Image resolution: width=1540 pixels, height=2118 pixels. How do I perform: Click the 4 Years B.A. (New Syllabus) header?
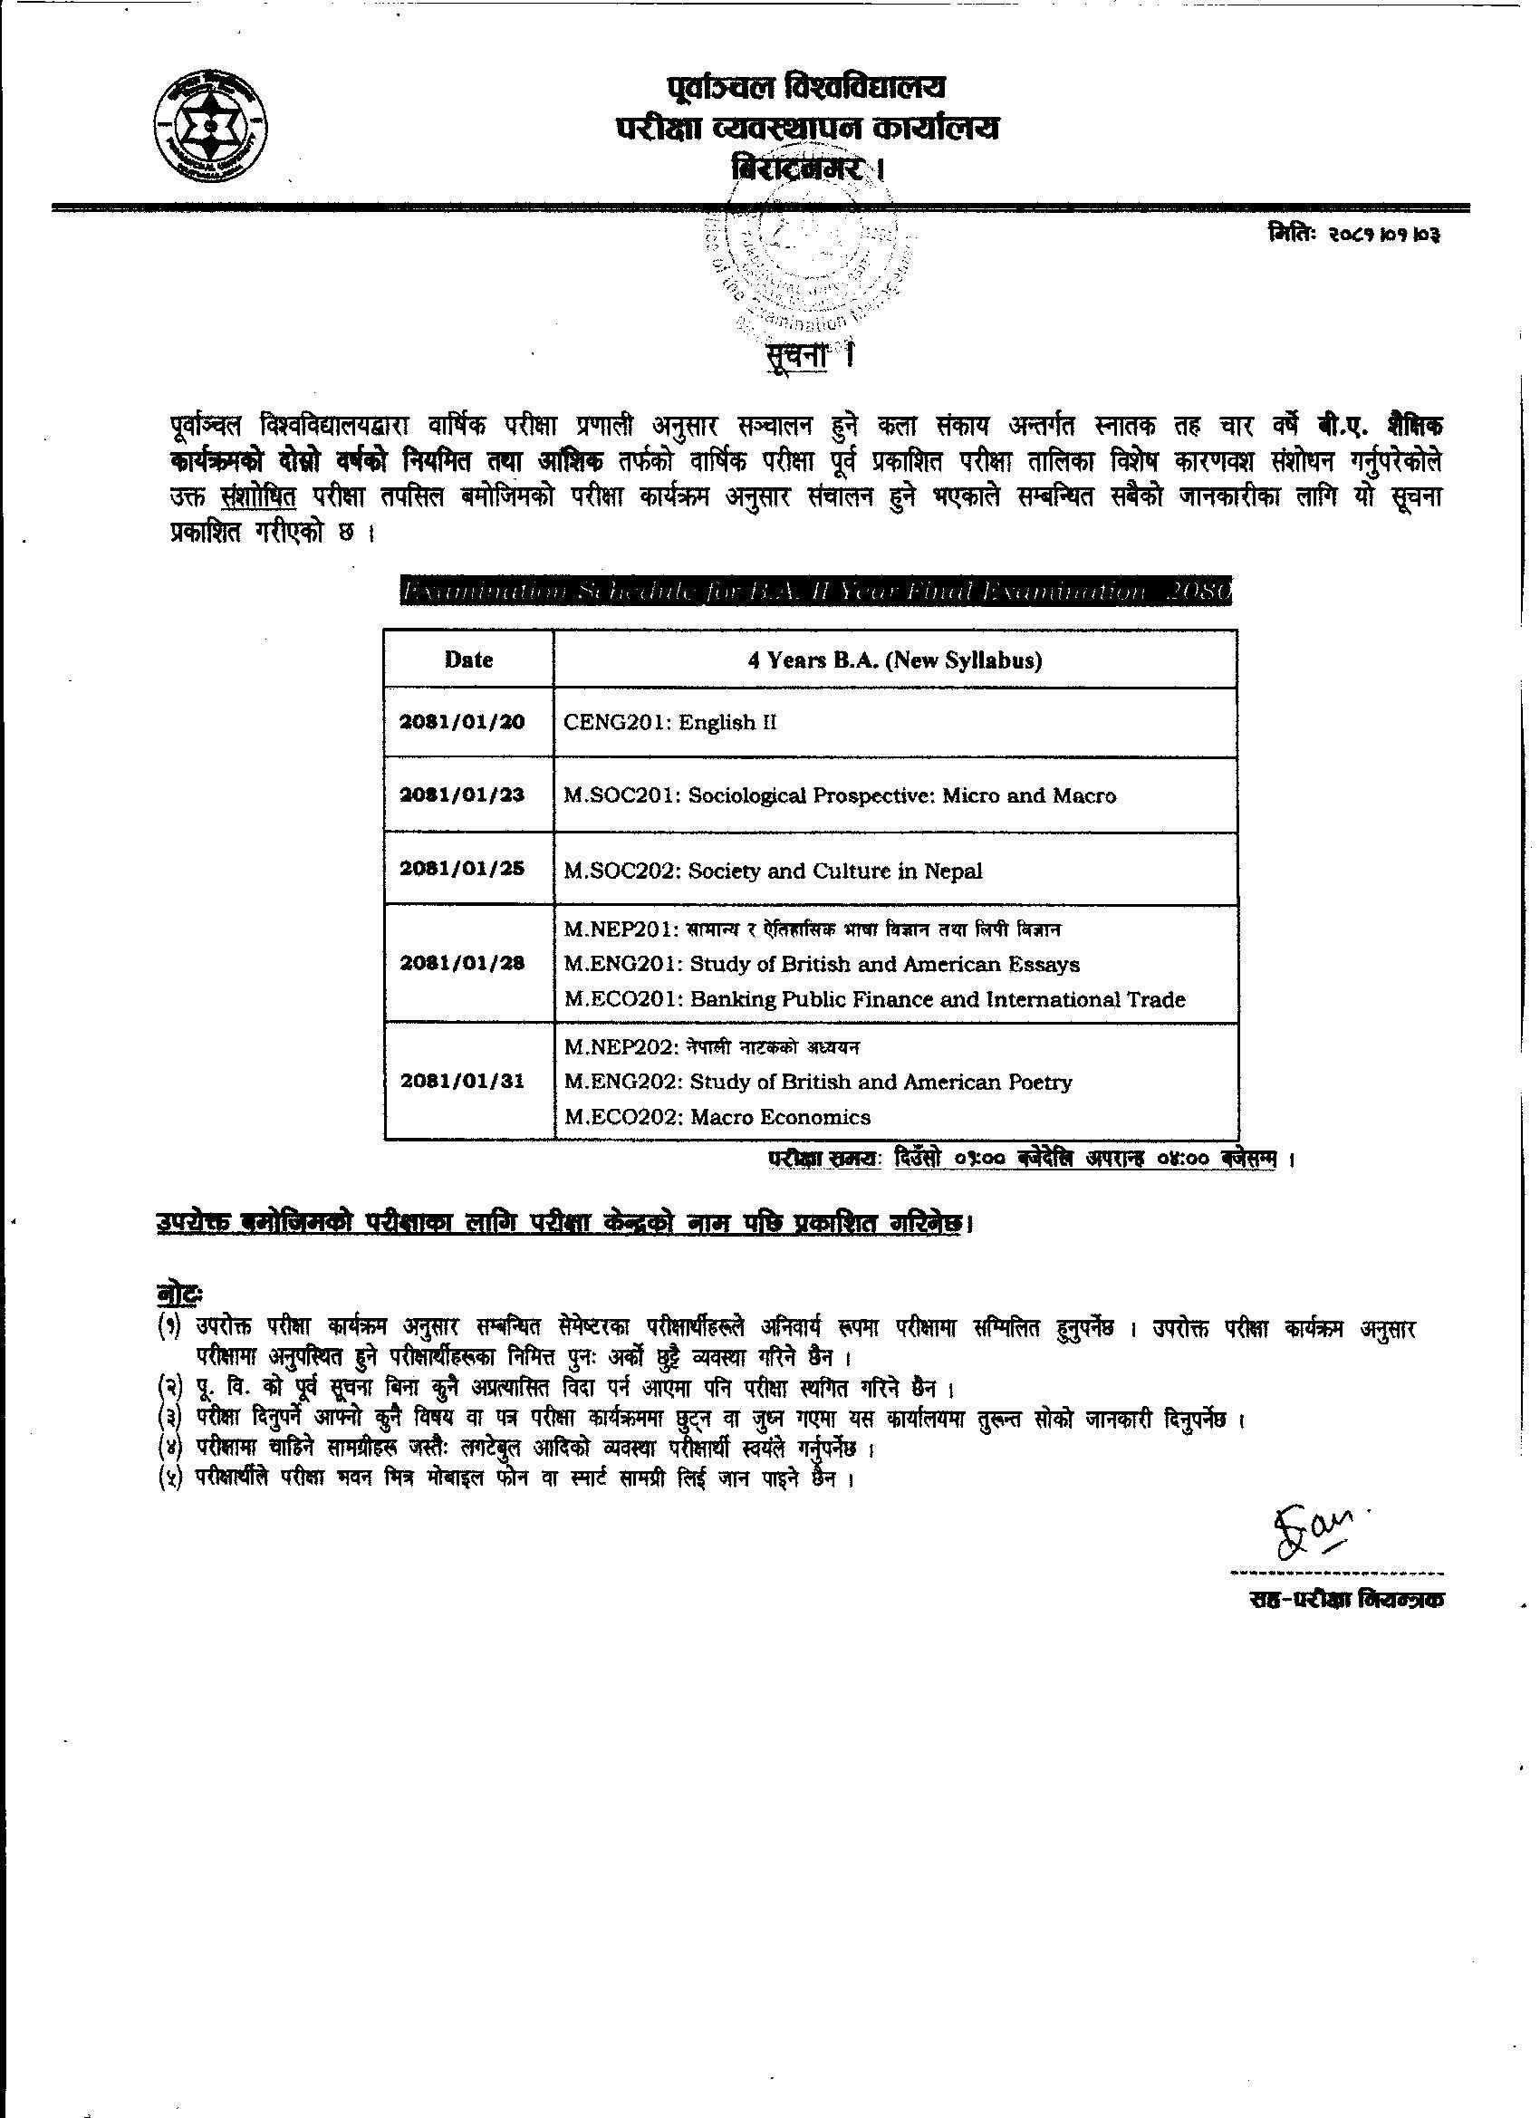point(895,660)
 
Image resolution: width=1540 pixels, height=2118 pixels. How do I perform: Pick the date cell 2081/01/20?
point(463,722)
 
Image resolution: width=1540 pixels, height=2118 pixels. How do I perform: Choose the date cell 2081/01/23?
point(463,795)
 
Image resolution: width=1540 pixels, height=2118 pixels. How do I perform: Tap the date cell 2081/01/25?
point(463,870)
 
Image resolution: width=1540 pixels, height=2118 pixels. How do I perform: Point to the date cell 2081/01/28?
point(463,964)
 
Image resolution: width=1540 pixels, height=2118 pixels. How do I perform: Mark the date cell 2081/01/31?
point(463,1082)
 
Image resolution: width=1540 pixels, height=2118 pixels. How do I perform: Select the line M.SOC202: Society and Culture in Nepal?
point(774,871)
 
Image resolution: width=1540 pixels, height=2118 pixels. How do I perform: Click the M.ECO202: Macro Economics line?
point(717,1117)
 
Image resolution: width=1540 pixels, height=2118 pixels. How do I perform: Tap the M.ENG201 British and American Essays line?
point(822,964)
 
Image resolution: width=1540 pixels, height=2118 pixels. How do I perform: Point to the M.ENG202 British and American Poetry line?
point(818,1082)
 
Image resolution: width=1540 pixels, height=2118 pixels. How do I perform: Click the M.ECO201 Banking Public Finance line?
point(875,999)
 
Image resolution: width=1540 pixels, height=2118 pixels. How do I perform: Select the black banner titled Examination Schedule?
point(815,592)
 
